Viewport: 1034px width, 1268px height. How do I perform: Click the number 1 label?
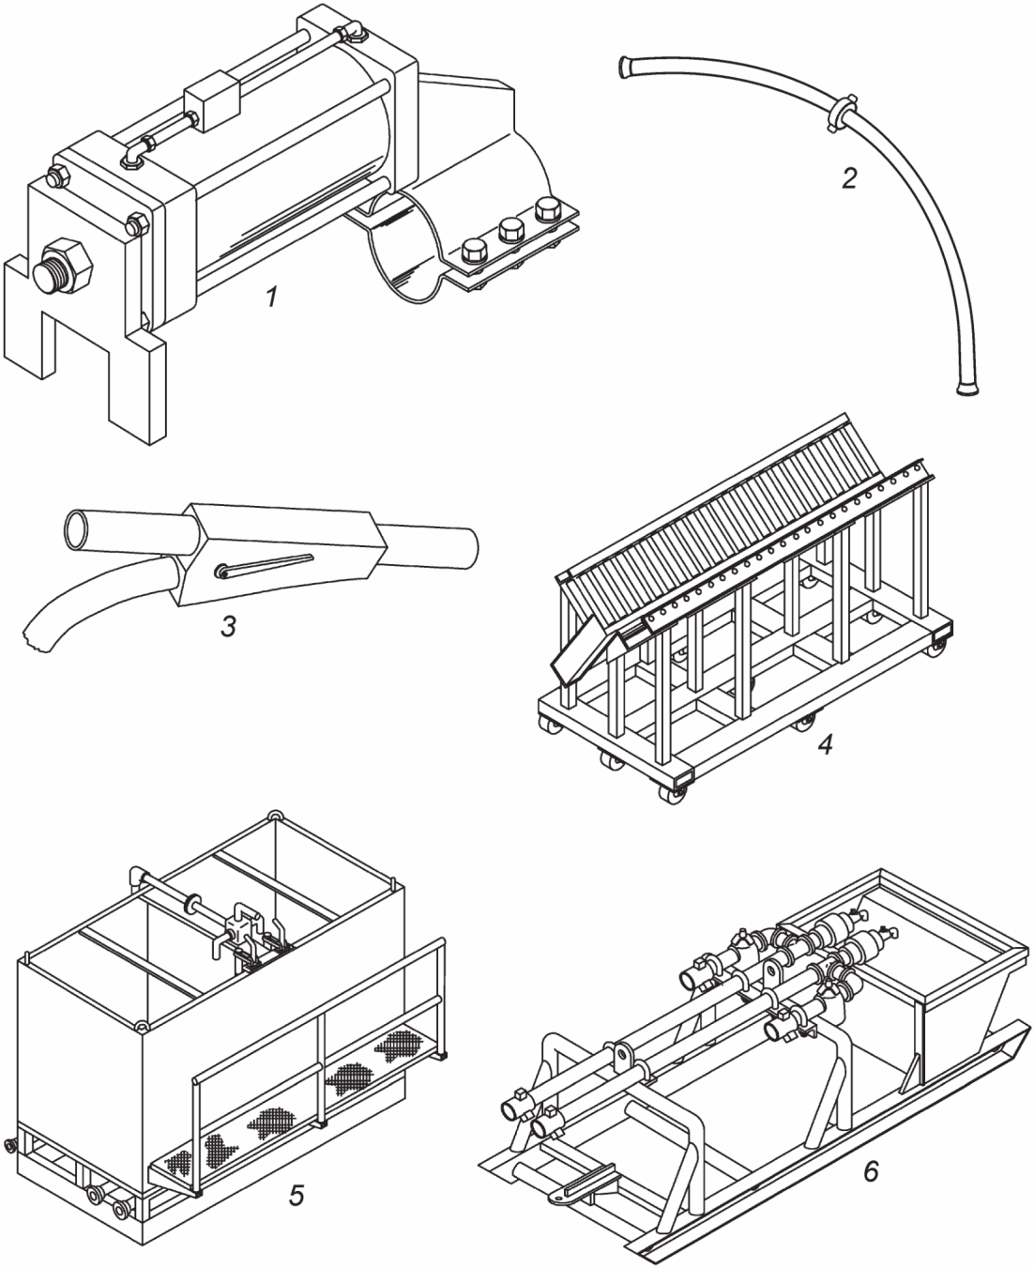[273, 297]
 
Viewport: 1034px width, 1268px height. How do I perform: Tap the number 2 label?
[849, 178]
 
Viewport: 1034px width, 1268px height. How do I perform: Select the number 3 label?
[228, 627]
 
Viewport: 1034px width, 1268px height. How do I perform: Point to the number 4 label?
[825, 744]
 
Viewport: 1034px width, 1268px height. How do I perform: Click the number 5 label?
[297, 1195]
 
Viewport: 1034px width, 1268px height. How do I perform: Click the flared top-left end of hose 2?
[624, 66]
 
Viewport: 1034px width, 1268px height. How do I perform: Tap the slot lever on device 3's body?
[266, 566]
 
